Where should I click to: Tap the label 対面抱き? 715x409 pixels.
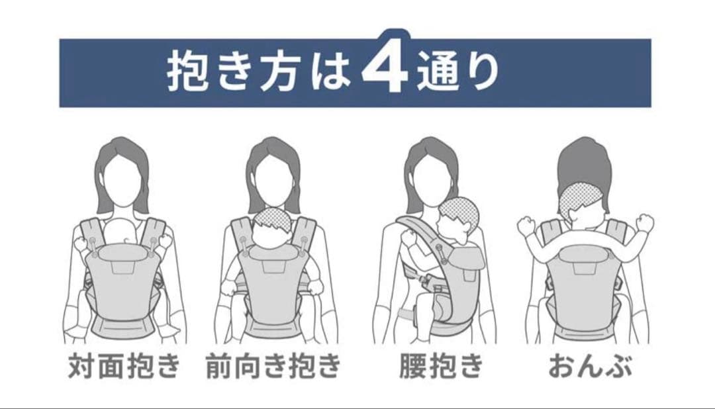click(124, 365)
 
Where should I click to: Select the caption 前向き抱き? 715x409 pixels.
click(273, 365)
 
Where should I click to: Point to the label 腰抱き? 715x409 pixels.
click(441, 365)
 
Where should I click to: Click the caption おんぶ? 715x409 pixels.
click(590, 365)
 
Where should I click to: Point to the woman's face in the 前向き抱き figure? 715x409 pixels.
click(273, 179)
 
